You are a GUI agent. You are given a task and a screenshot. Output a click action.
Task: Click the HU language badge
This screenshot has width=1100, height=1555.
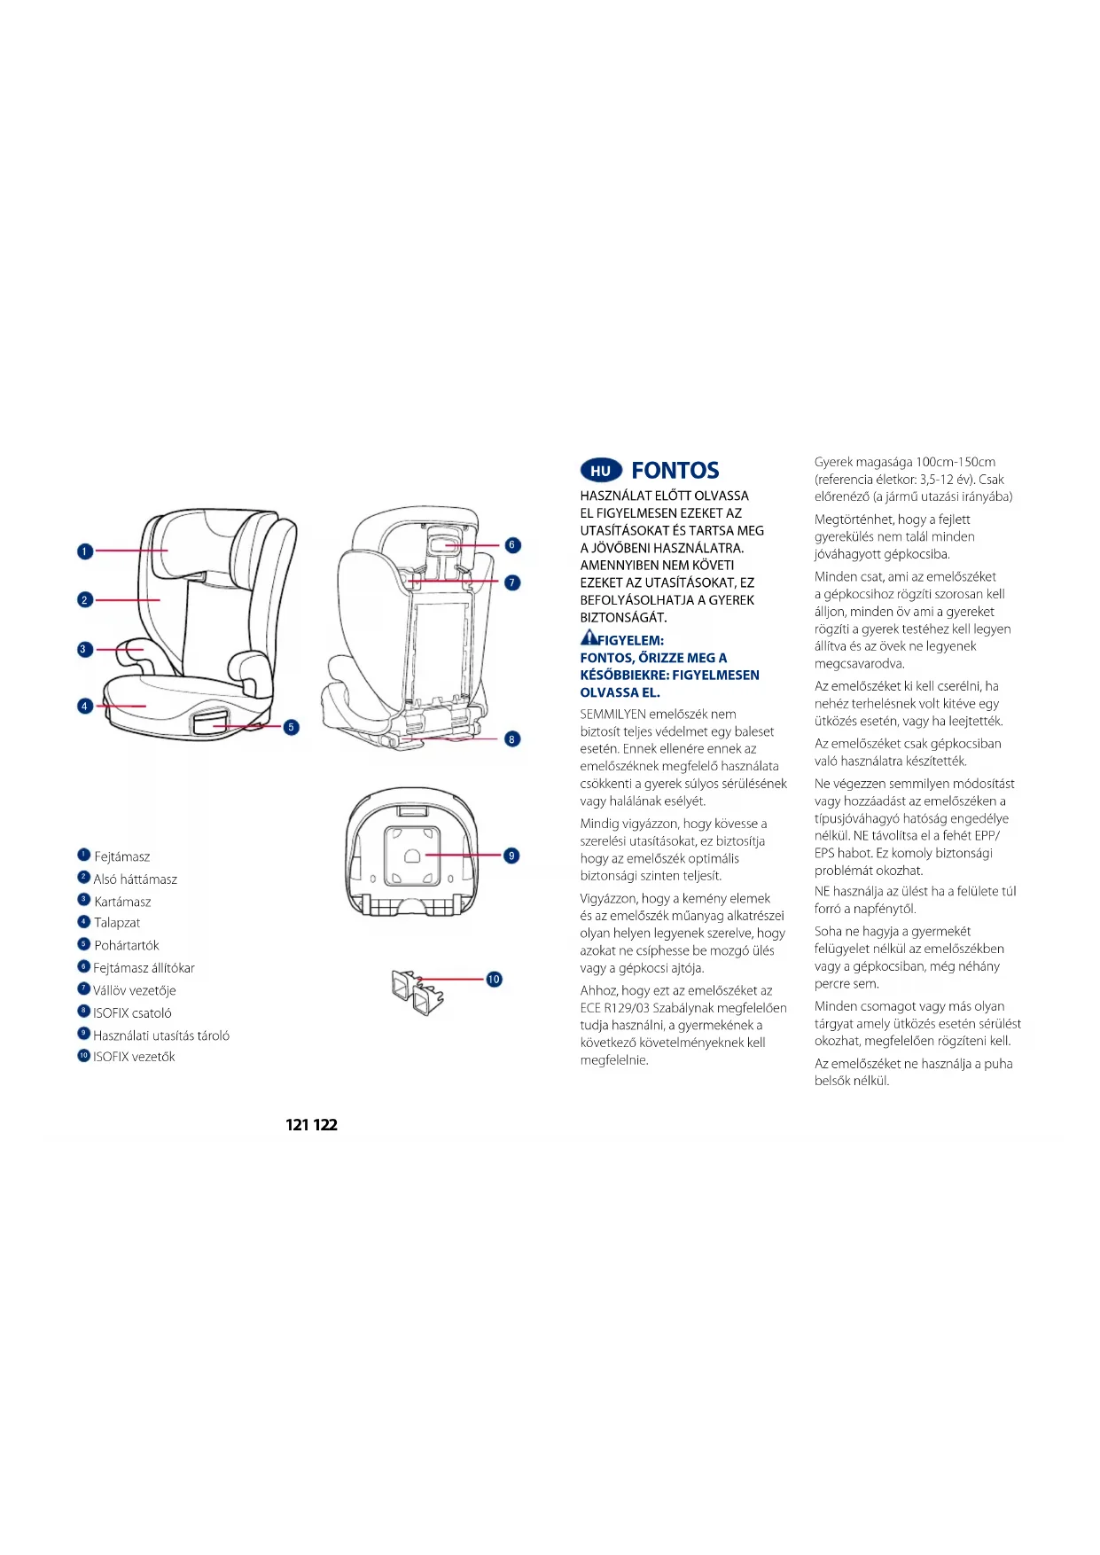tap(601, 471)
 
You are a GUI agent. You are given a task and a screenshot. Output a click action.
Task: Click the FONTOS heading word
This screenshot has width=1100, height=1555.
tap(675, 471)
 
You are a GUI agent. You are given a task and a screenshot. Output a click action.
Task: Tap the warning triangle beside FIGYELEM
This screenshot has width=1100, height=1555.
tap(589, 637)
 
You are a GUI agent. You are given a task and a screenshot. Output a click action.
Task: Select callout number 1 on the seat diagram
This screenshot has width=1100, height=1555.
tap(85, 551)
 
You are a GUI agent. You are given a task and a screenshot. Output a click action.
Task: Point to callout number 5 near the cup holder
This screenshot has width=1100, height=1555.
tap(291, 727)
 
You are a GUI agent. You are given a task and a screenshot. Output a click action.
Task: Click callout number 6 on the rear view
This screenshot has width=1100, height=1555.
tap(512, 545)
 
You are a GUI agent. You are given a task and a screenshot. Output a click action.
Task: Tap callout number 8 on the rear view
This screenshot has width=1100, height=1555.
tap(512, 738)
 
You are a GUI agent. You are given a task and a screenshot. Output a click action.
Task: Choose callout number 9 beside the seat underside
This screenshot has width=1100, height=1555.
tap(511, 856)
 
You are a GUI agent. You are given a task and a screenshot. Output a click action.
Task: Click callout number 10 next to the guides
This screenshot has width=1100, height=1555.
tap(494, 979)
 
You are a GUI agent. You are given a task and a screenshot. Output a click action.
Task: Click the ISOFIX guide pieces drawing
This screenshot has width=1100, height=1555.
tap(417, 992)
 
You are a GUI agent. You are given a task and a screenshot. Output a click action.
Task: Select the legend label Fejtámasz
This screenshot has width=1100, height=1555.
tap(122, 856)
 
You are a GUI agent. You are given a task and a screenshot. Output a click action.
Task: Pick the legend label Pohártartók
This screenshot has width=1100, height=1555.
tap(127, 945)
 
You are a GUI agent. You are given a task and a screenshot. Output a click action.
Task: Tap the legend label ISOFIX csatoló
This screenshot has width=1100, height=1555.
tap(133, 1012)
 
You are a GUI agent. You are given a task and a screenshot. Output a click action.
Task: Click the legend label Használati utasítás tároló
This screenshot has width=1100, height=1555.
tap(161, 1035)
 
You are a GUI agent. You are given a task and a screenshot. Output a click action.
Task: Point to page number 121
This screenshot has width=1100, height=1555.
tap(298, 1125)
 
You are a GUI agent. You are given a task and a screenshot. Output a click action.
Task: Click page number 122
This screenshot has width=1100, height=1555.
tap(325, 1125)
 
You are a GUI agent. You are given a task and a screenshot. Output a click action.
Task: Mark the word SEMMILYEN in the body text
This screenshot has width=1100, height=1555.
tap(612, 715)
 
